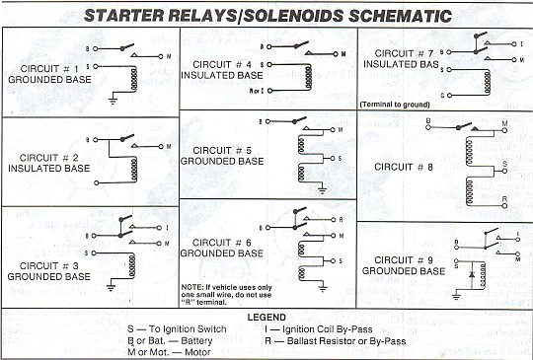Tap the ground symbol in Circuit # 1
[x=113, y=101]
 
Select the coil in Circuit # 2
[x=134, y=169]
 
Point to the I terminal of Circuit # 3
[x=159, y=227]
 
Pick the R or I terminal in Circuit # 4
[x=269, y=91]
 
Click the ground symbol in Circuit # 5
[x=322, y=189]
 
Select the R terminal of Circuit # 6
[x=334, y=220]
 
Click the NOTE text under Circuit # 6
[x=226, y=295]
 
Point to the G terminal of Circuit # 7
[x=449, y=96]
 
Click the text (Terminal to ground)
[x=395, y=105]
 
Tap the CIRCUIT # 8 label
[x=404, y=167]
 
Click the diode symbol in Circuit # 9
[x=472, y=274]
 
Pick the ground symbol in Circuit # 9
[x=457, y=297]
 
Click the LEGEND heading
[x=266, y=318]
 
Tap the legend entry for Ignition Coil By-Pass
[x=319, y=329]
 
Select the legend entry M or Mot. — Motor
[x=170, y=352]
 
